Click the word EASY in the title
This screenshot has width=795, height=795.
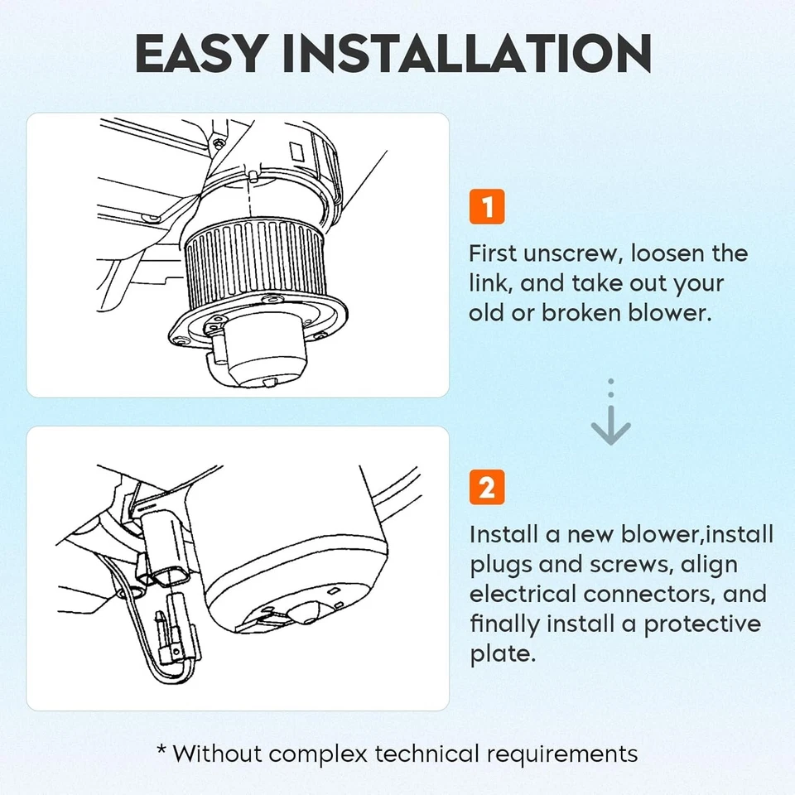(200, 53)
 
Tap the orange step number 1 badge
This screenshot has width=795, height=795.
(487, 206)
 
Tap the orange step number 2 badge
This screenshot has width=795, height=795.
(487, 487)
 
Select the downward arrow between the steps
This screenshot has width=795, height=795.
(610, 412)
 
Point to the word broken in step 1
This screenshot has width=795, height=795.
(581, 312)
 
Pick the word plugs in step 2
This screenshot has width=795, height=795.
(500, 566)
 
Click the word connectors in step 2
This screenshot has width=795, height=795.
(649, 595)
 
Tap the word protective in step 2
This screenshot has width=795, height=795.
(702, 624)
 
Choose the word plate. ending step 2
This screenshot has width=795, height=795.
(503, 653)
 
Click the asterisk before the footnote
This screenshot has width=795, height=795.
(161, 749)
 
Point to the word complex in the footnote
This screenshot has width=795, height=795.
(317, 754)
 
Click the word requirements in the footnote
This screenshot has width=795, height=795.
(561, 754)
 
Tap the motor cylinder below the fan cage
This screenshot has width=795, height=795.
(265, 349)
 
